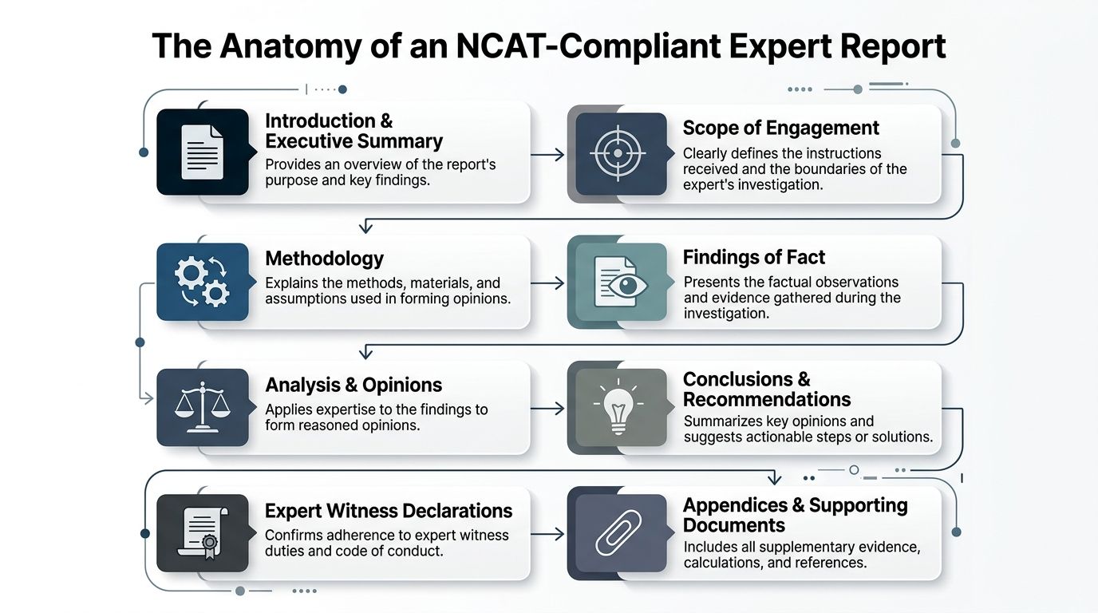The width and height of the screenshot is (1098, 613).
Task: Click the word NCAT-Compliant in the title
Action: pyautogui.click(x=588, y=46)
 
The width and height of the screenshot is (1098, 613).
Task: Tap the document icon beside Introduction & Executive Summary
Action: pyautogui.click(x=202, y=152)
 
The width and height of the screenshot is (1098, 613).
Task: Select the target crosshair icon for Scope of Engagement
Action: pyautogui.click(x=618, y=153)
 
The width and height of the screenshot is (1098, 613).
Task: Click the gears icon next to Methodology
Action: pyautogui.click(x=202, y=282)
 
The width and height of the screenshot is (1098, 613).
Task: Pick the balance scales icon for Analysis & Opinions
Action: pyautogui.click(x=202, y=408)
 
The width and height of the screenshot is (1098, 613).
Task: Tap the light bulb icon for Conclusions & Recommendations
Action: pyautogui.click(x=618, y=406)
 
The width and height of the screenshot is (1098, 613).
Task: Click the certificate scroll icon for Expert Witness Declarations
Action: pyautogui.click(x=203, y=533)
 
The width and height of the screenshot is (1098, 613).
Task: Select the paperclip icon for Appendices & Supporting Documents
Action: pyautogui.click(x=618, y=532)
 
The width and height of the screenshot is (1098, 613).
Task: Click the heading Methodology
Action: pyautogui.click(x=325, y=259)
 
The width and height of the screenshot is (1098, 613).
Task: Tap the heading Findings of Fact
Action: pyautogui.click(x=754, y=257)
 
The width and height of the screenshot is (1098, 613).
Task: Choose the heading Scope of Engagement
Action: pyautogui.click(x=781, y=128)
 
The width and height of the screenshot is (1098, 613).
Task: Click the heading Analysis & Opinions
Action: pyautogui.click(x=353, y=385)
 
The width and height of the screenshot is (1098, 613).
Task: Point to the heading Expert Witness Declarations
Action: pyautogui.click(x=389, y=511)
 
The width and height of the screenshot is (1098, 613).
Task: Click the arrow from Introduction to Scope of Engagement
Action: pyautogui.click(x=547, y=155)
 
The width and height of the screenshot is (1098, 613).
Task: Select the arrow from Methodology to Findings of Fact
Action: pyautogui.click(x=547, y=283)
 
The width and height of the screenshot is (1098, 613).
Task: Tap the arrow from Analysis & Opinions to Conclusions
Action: pyautogui.click(x=547, y=408)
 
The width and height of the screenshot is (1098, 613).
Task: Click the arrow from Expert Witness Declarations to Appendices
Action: pyautogui.click(x=547, y=533)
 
